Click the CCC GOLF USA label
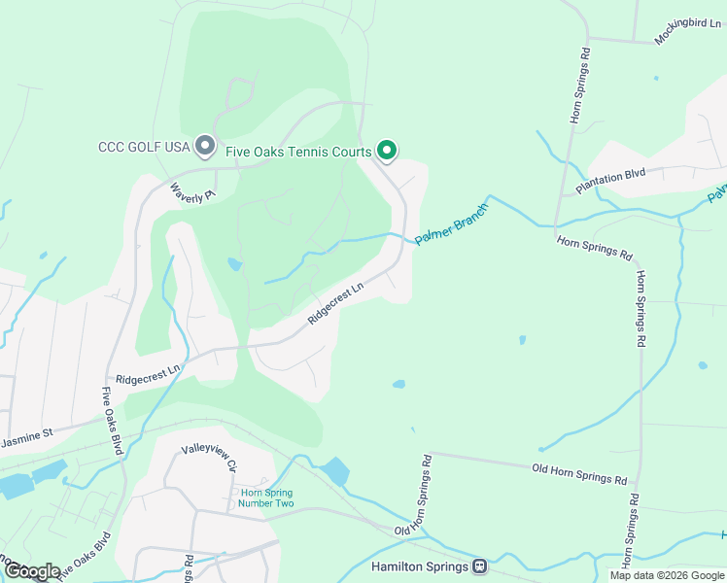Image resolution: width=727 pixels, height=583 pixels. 143,148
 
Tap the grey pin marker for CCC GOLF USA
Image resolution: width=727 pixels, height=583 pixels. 204,146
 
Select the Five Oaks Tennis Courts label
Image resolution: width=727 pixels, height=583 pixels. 298,152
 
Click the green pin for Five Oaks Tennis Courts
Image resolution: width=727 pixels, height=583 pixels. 386,151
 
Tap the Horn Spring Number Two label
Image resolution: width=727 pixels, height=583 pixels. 266,497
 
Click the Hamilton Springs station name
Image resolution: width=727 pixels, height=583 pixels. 421,566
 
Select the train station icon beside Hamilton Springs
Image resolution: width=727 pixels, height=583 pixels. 479,566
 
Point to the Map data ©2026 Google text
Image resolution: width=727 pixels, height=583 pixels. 668,575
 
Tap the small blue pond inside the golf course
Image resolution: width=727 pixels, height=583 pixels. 234,263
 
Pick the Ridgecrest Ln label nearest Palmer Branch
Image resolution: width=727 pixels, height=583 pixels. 335,302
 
